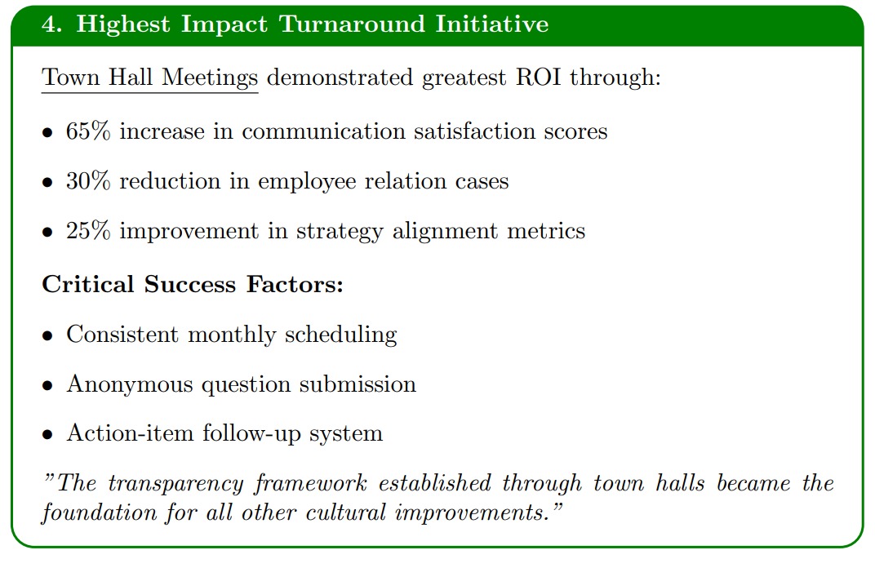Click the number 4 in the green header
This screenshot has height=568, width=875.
pyautogui.click(x=48, y=24)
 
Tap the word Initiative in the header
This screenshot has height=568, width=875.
pyautogui.click(x=491, y=24)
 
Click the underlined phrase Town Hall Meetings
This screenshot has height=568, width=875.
pyautogui.click(x=149, y=78)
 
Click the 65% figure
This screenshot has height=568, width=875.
pyautogui.click(x=88, y=131)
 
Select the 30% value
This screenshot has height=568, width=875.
pyautogui.click(x=88, y=181)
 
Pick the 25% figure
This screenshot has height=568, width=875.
pyautogui.click(x=88, y=230)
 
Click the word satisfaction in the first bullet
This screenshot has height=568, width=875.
pyautogui.click(x=474, y=131)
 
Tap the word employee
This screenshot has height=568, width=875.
pyautogui.click(x=307, y=182)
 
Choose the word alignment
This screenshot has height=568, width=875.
pyautogui.click(x=445, y=232)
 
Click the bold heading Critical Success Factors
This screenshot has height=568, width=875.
pyautogui.click(x=193, y=284)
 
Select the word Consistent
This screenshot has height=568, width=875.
pyautogui.click(x=122, y=335)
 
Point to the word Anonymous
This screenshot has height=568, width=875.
pyautogui.click(x=130, y=384)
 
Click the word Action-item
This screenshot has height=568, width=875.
pyautogui.click(x=130, y=433)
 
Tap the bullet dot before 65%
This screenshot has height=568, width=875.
pyautogui.click(x=47, y=133)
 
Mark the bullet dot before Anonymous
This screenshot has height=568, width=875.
pyautogui.click(x=47, y=385)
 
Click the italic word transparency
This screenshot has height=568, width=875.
pyautogui.click(x=175, y=484)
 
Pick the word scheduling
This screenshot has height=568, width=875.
pyautogui.click(x=340, y=335)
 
